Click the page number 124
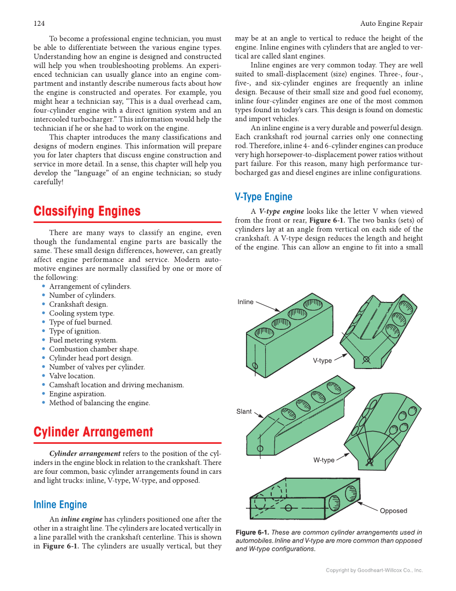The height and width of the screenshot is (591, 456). click(39, 23)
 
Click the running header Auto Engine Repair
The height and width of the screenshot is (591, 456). click(391, 23)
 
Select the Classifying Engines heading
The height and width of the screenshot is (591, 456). click(87, 211)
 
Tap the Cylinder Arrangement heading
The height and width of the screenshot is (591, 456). click(93, 432)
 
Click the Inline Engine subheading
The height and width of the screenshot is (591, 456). click(60, 504)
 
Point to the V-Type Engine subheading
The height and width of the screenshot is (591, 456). click(264, 197)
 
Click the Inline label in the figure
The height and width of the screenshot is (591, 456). click(245, 302)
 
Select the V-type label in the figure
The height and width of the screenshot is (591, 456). click(322, 361)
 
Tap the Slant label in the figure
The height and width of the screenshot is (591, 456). click(244, 412)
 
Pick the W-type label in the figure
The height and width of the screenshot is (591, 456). click(324, 460)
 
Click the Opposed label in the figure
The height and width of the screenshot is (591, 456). click(393, 511)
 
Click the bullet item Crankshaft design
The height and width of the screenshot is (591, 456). click(78, 304)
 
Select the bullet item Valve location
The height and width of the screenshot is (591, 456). click(72, 376)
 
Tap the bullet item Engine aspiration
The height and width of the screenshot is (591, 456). click(77, 394)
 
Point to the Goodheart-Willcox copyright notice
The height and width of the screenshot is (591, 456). click(374, 570)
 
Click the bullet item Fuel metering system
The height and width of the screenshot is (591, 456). click(83, 340)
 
